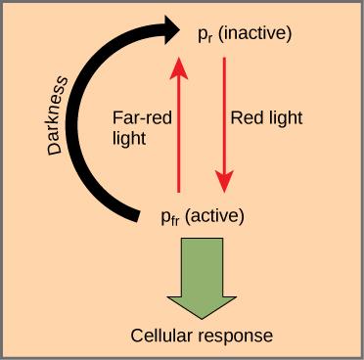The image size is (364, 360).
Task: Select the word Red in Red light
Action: tap(245, 117)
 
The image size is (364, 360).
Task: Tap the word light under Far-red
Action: tap(129, 138)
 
